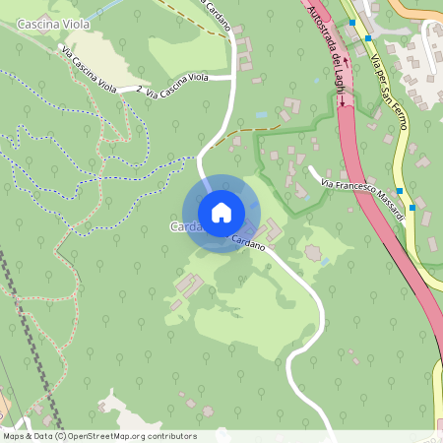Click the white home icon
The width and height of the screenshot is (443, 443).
click(221, 213)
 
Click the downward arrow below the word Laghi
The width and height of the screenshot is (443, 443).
click(342, 114)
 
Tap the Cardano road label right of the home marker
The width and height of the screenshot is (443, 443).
click(249, 241)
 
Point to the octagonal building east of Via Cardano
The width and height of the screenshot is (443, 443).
click(313, 253)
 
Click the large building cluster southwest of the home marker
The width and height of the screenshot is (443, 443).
click(185, 288)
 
